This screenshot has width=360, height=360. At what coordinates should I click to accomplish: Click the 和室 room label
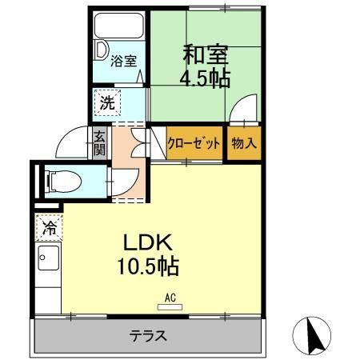tap(206, 54)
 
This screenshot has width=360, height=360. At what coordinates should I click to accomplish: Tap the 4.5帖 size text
tap(205, 78)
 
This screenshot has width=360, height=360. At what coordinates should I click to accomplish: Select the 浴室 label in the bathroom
tap(124, 61)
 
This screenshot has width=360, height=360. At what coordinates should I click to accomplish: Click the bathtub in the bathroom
tap(119, 26)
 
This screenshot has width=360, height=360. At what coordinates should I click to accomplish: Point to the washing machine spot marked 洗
tap(107, 102)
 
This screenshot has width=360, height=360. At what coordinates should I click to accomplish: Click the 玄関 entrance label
tap(100, 144)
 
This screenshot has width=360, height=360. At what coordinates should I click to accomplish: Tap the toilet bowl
tap(63, 182)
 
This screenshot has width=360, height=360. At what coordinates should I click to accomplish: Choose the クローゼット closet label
tap(194, 144)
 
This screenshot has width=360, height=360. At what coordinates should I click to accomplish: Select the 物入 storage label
tap(244, 143)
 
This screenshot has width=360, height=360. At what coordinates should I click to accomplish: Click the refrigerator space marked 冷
tap(50, 227)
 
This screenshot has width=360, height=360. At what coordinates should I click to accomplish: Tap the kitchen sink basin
tap(48, 258)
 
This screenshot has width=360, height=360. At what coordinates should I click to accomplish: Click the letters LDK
tap(147, 242)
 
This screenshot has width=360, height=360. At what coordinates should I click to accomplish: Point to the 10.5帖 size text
tap(148, 266)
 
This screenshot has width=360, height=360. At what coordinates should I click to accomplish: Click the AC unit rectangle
tap(170, 307)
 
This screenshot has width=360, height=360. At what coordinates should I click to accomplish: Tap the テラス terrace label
tap(148, 336)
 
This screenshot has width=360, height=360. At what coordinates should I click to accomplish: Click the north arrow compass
tap(311, 336)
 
